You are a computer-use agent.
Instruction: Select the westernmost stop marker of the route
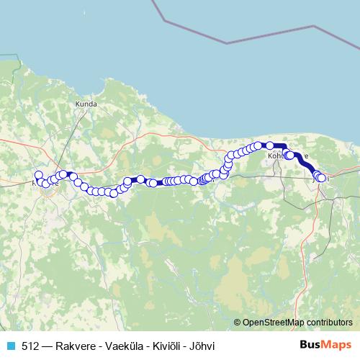[x=38, y=175]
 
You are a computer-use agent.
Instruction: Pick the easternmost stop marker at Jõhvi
[x=322, y=178]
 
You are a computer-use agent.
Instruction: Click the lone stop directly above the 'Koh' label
[x=270, y=145]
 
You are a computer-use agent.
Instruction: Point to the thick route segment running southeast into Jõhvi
[x=305, y=164]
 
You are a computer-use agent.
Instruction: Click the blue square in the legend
[x=12, y=346]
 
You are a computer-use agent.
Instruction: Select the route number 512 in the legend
[x=30, y=346]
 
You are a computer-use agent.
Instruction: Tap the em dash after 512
[x=46, y=346]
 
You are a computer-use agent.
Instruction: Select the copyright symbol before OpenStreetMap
[x=238, y=323]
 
